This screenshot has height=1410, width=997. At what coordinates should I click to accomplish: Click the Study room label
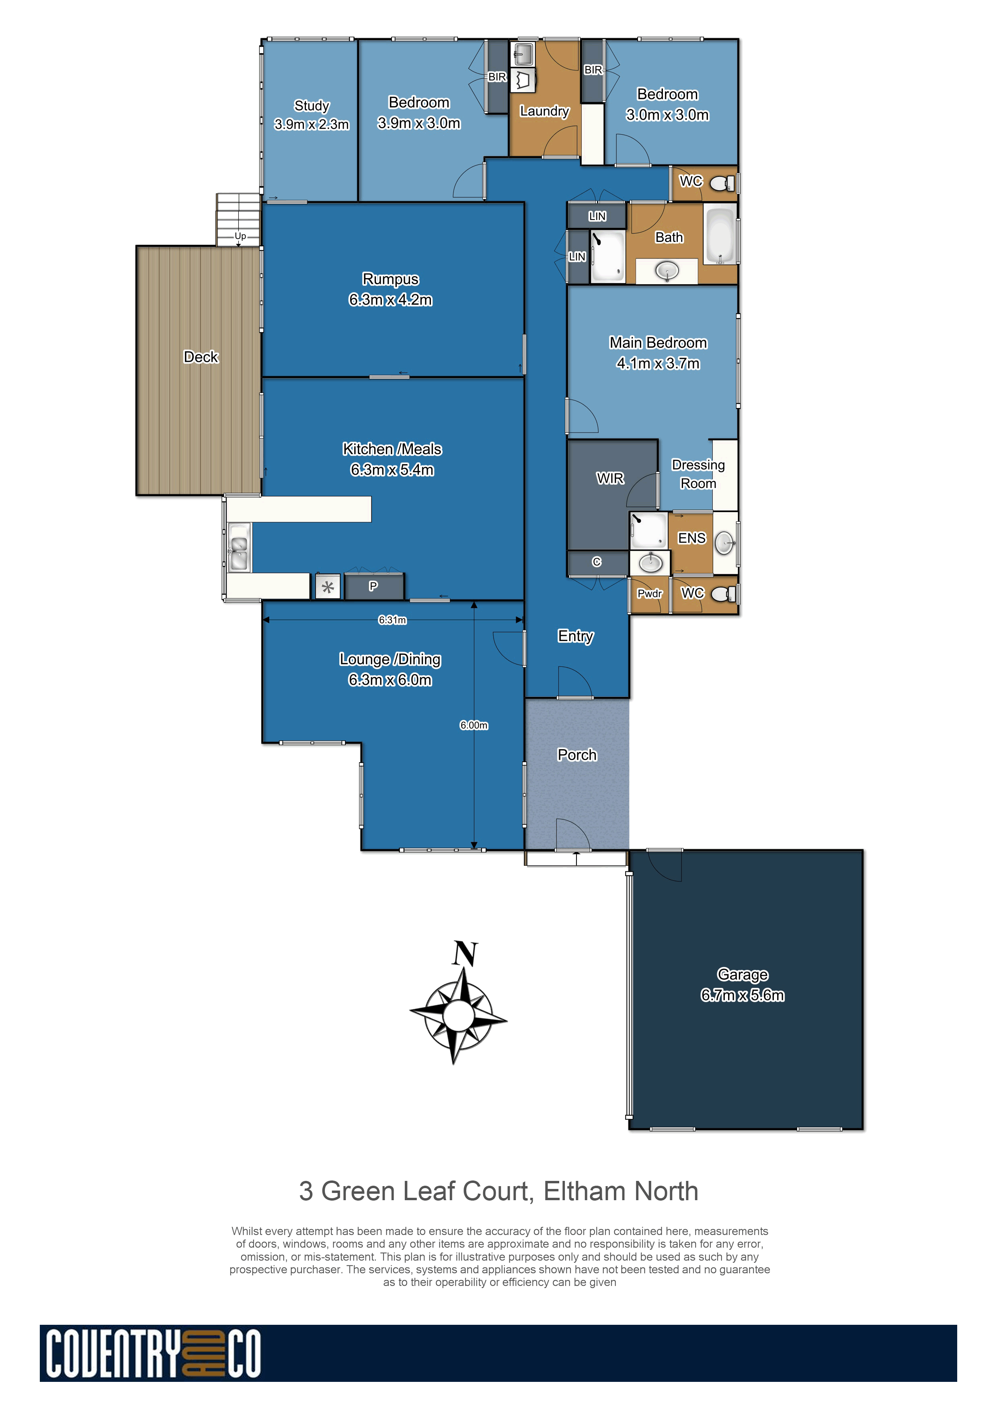(312, 106)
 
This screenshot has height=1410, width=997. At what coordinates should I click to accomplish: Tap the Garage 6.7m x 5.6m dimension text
(742, 995)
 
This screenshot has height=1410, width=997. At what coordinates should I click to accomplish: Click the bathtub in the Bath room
(720, 235)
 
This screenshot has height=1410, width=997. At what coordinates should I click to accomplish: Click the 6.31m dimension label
(392, 620)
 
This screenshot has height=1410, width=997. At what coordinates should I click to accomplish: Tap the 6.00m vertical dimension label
(474, 725)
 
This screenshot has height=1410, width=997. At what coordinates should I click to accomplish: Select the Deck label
(201, 357)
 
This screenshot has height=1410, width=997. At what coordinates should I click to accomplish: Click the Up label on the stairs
(240, 236)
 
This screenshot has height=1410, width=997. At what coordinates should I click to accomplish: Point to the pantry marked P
(373, 586)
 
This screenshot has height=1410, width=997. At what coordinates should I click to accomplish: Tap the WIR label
(610, 478)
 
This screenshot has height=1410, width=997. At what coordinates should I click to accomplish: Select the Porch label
(577, 755)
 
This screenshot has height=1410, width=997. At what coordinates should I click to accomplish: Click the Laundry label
(544, 111)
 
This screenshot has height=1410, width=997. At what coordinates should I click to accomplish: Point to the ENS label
(692, 538)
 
